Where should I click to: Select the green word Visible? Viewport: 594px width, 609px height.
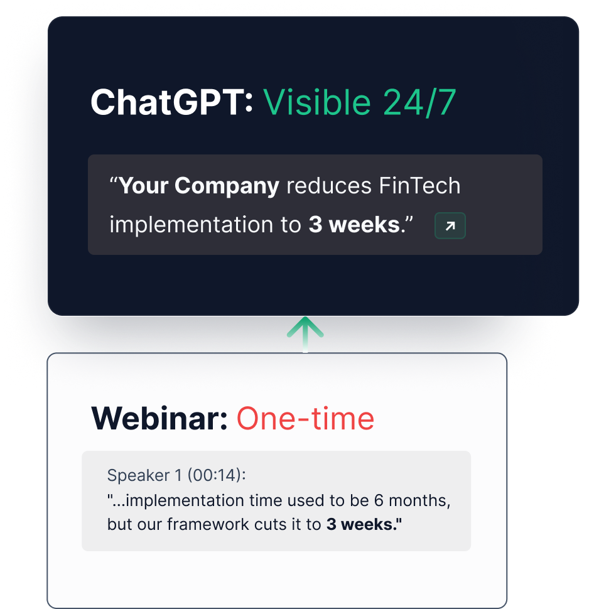[x=317, y=102]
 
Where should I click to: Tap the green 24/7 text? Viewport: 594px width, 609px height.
[x=419, y=102]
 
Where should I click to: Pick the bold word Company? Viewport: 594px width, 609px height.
[x=227, y=186]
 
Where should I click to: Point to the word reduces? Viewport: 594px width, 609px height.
[x=329, y=186]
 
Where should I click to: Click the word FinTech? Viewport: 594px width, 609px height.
[x=419, y=185]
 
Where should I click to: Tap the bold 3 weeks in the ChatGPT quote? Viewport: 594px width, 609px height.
[x=354, y=225]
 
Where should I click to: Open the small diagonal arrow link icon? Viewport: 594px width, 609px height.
[x=450, y=225]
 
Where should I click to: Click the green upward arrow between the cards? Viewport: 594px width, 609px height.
[x=305, y=335]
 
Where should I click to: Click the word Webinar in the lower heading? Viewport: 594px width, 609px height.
[x=159, y=418]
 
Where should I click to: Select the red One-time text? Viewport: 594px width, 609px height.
[x=305, y=418]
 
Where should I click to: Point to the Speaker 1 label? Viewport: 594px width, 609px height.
[x=144, y=475]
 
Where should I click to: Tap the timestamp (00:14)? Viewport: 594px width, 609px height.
[x=217, y=475]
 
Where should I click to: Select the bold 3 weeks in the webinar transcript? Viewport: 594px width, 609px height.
[x=364, y=524]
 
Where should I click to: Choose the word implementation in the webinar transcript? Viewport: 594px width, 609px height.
[x=185, y=500]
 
